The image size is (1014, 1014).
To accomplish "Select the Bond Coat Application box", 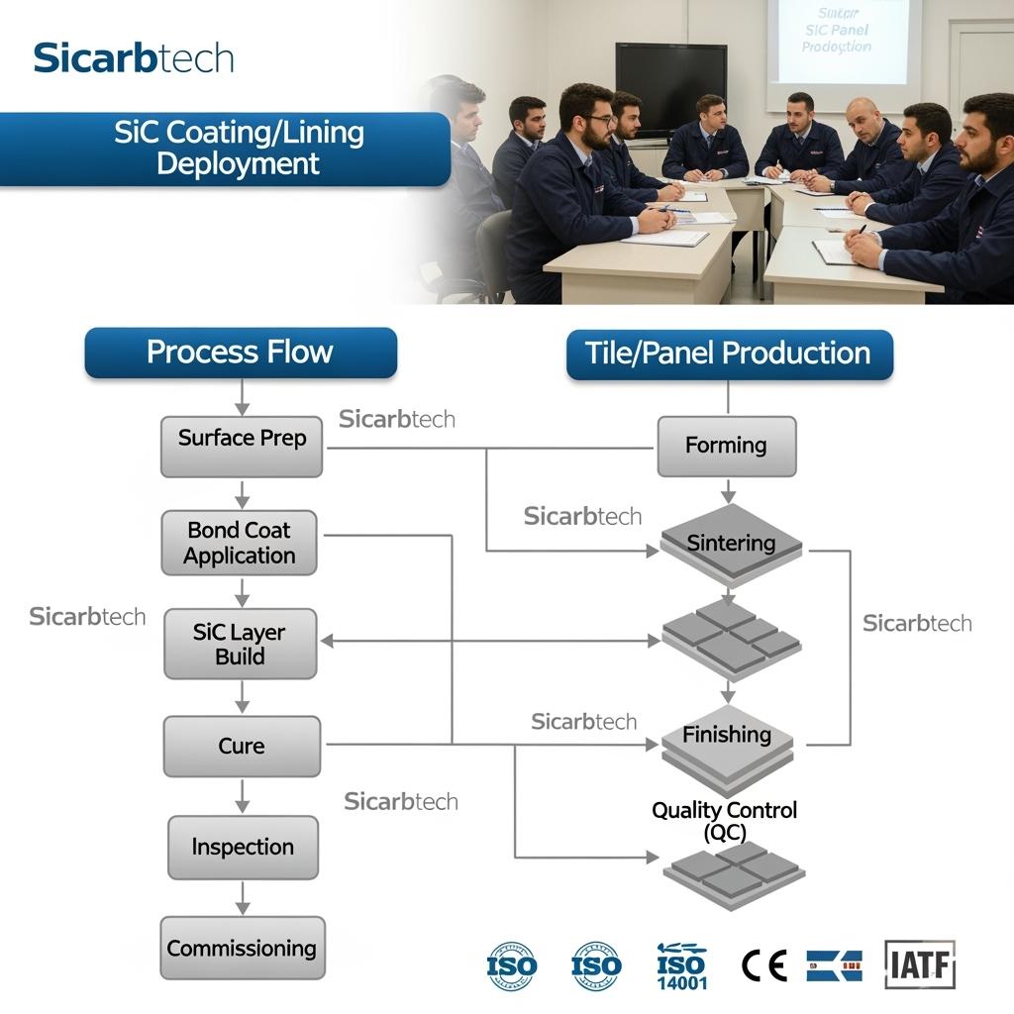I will coord(240,544).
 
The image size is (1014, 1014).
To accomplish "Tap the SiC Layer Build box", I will coord(240,645).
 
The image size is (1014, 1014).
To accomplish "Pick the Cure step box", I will coord(242,747).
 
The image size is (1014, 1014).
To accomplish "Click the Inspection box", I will coord(243,848).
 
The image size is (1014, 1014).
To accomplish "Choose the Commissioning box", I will coord(242,949).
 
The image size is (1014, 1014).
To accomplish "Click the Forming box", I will coord(726,446).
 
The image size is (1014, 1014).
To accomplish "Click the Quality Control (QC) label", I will coord(724,821).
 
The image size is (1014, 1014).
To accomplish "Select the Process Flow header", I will coord(240,354).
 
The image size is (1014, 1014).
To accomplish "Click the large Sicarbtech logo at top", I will coord(134,58).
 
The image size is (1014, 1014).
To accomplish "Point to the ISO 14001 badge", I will coord(681,966).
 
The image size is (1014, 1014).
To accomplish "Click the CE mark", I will coord(763,965).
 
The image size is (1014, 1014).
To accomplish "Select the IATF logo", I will coord(920,965).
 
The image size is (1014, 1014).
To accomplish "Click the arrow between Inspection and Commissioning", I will coord(242,898).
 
